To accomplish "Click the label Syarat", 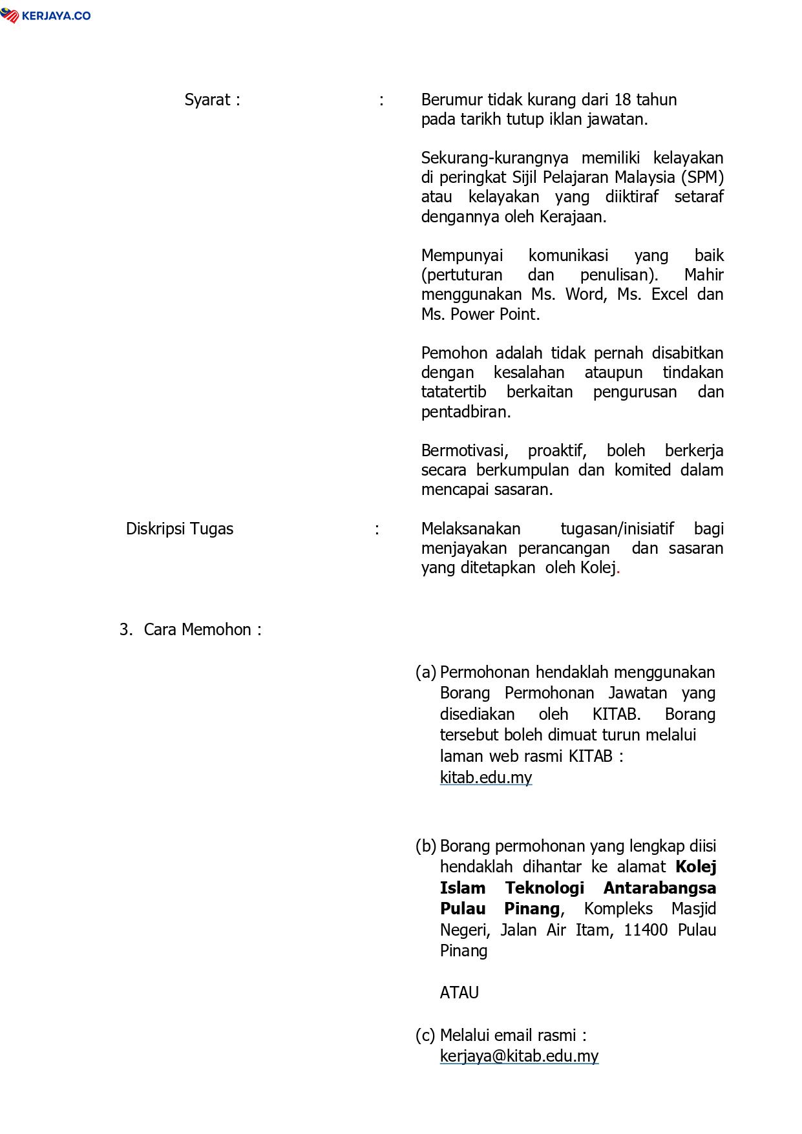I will coord(207,100).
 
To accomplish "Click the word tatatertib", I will coord(454,392).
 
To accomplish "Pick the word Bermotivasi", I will coord(465,451).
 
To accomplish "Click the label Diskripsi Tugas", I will coord(179,529).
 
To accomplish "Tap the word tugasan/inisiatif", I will coord(617,529).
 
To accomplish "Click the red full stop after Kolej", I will coord(618,569).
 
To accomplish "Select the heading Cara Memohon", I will coord(197,630).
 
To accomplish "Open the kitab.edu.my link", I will coord(485,777).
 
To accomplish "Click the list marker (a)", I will coord(425,673).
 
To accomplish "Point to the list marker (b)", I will coord(425,846).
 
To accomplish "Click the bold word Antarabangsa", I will coord(659,888).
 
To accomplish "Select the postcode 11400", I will coord(645,930).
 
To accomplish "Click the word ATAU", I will coord(459,993).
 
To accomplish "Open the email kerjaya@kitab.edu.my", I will coord(519,1056).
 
